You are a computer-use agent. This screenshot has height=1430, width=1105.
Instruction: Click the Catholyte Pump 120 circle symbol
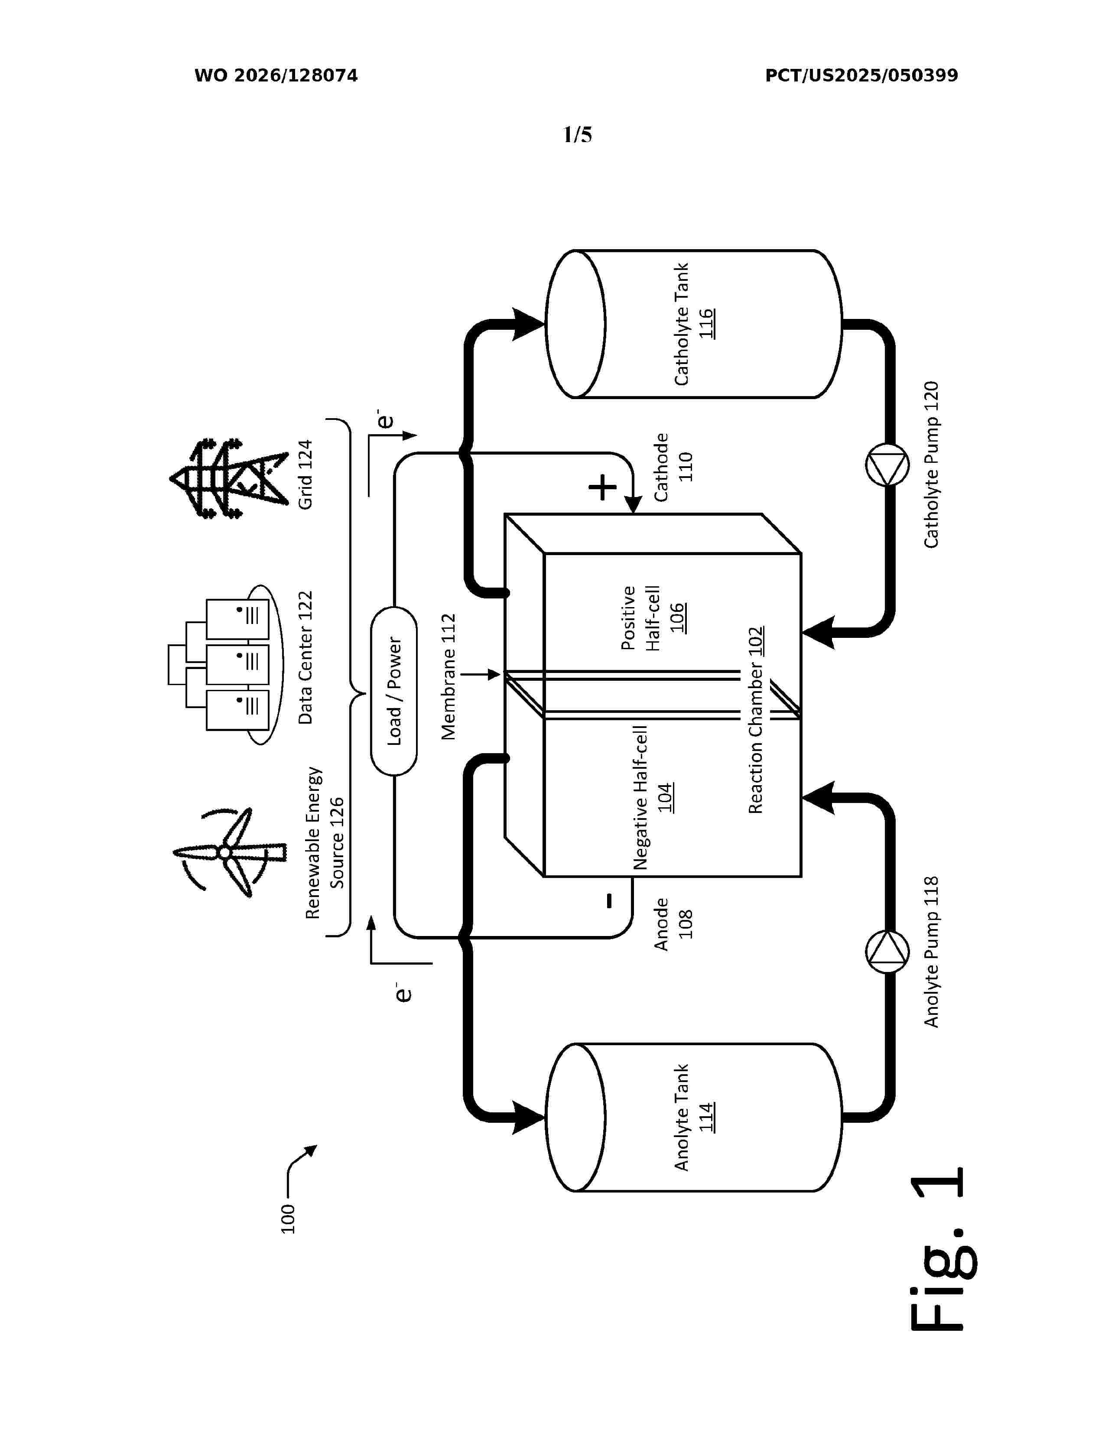pos(887,465)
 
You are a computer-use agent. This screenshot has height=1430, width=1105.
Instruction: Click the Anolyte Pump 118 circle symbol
pos(887,952)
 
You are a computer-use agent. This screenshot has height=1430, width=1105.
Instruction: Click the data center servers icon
pos(226,665)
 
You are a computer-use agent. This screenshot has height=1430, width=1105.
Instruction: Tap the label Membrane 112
pos(448,676)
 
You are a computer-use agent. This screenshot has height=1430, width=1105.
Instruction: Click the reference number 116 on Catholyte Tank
pos(705,323)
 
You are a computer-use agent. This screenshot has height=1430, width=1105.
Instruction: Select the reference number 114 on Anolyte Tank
pos(705,1118)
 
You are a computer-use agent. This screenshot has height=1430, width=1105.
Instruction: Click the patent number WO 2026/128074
pos(276,76)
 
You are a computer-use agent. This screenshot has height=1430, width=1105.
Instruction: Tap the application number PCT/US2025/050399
pos(861,76)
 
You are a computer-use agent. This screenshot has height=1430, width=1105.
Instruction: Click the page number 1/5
pos(577,135)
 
